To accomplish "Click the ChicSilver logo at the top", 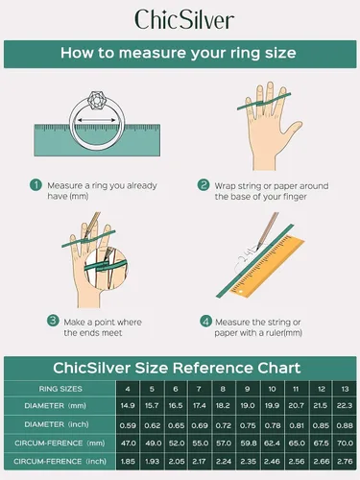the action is click(184, 20).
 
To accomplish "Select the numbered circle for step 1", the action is click(36, 185).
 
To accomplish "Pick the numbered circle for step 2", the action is click(204, 185).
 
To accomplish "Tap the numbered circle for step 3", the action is click(53, 321).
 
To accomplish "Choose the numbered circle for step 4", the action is click(205, 322).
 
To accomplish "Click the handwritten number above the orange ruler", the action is click(246, 257).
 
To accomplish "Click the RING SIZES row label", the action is click(60, 389).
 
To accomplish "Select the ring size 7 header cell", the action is click(199, 389).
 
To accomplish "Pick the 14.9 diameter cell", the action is click(128, 406).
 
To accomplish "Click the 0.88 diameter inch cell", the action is click(345, 425).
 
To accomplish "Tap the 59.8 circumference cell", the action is click(248, 444).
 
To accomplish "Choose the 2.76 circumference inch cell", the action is click(345, 462).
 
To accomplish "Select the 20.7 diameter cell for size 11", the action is click(296, 406).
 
